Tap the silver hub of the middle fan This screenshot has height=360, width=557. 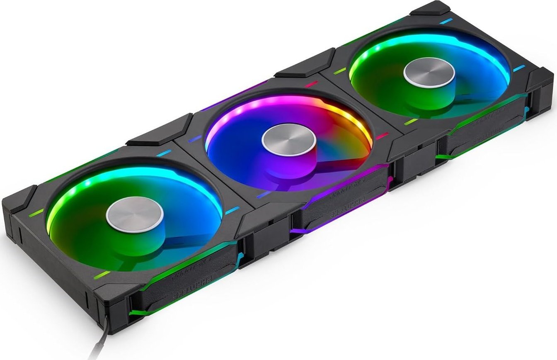pos(288,139)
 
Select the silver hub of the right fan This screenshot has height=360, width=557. pos(429,72)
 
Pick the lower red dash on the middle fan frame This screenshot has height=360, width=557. pos(382,135)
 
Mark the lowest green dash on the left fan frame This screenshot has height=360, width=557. pos(102,275)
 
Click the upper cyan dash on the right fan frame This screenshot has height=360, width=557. pos(446,20)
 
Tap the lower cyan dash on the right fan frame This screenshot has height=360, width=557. pos(517,69)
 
